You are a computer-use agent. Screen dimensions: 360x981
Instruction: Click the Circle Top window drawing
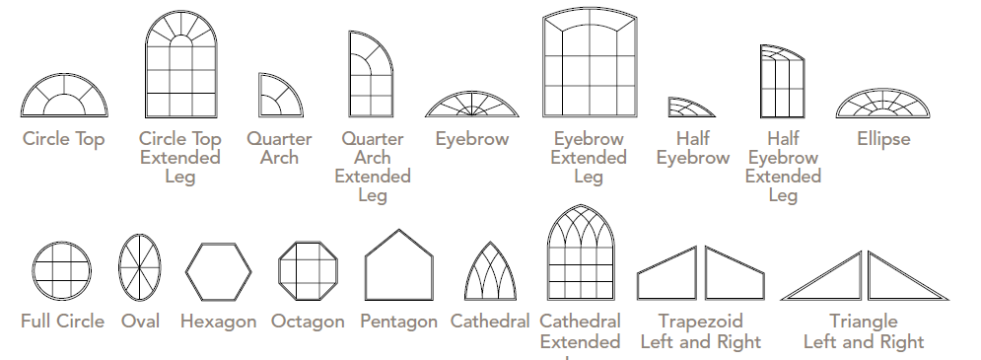coord(62,98)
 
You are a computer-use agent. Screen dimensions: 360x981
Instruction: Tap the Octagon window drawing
coord(307,269)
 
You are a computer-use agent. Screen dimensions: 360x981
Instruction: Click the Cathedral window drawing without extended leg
coord(490,271)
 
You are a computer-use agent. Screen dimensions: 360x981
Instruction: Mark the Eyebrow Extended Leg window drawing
coord(588,63)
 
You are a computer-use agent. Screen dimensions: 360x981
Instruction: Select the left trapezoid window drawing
coord(667,273)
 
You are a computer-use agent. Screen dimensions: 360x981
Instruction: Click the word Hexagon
coord(219,323)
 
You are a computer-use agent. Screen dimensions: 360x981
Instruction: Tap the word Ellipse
coord(883,139)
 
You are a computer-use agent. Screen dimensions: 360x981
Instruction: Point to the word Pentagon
coord(398,323)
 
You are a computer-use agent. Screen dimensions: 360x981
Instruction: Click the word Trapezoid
coord(700,322)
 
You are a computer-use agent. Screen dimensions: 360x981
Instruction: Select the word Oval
coord(140,322)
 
